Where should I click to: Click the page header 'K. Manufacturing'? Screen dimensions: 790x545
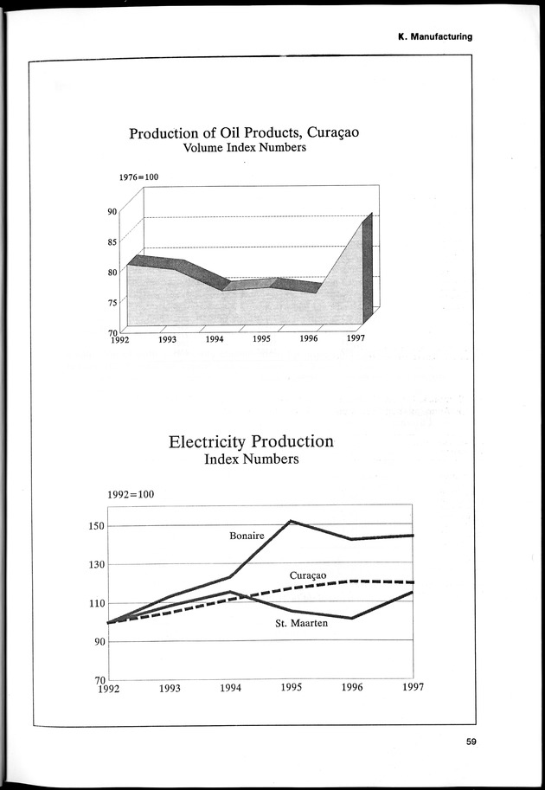point(434,36)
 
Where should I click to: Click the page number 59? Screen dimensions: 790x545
point(471,741)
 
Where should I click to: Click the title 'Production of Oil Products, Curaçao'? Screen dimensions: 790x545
point(244,133)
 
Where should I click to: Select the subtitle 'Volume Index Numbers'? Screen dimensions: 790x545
point(244,148)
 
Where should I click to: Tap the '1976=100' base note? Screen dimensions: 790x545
point(138,177)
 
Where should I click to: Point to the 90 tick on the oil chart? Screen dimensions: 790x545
point(112,210)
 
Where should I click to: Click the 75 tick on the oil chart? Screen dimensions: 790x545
point(112,302)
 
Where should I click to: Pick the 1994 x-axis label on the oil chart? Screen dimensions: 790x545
point(215,339)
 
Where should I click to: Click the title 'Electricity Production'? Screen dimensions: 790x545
point(251,441)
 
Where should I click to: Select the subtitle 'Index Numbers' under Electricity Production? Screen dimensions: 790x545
point(251,459)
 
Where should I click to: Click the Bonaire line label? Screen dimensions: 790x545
point(247,536)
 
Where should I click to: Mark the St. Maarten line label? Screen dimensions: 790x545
point(301,623)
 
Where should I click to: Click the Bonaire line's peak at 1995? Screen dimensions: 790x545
point(290,521)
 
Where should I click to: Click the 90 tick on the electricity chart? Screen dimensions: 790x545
point(98,641)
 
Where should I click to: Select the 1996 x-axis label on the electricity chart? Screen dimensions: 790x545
point(351,688)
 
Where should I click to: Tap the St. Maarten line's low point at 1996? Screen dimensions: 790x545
point(351,618)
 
